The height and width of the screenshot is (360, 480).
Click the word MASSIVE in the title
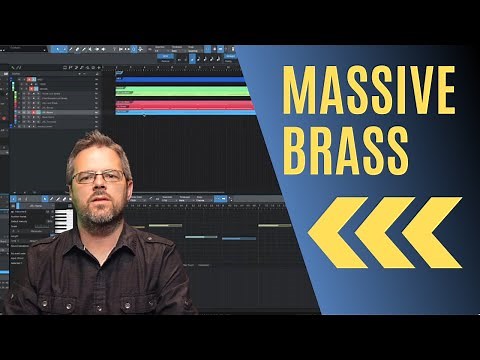pos(364,91)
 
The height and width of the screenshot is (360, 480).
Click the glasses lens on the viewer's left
pos(85,177)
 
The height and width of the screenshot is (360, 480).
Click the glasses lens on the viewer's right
pos(113,176)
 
